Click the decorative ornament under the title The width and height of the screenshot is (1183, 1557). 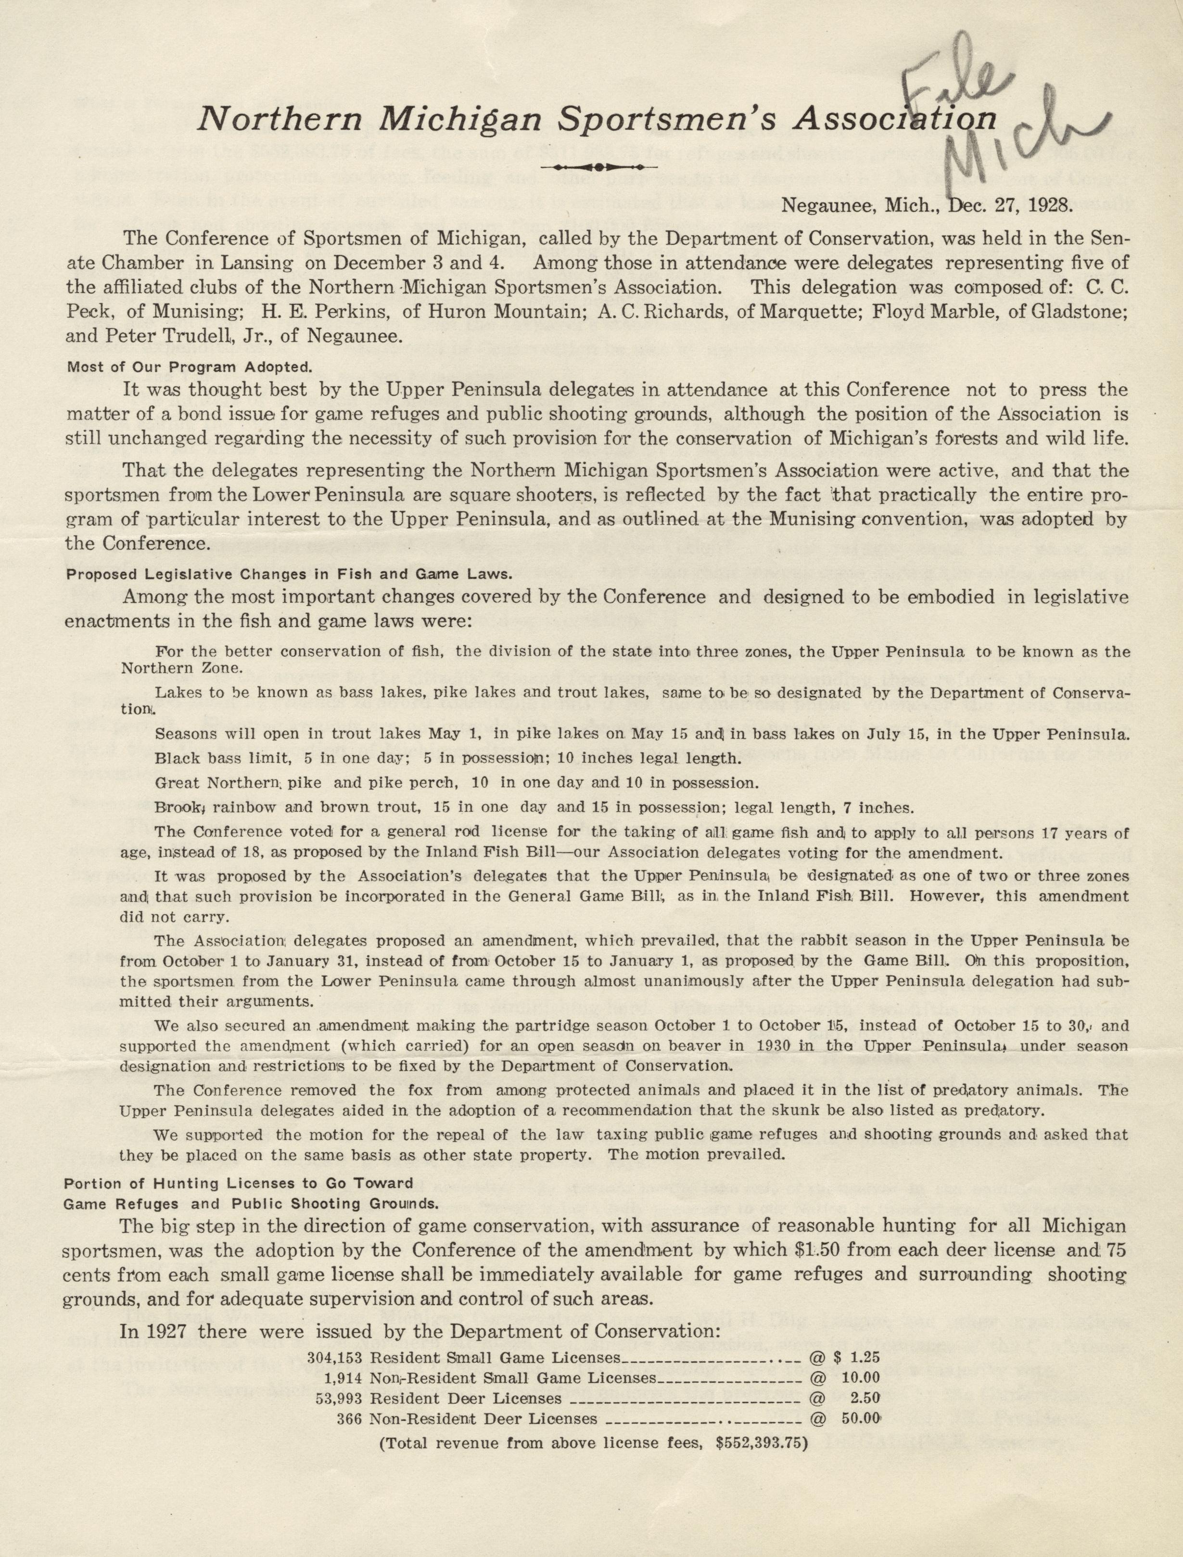coord(597,167)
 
